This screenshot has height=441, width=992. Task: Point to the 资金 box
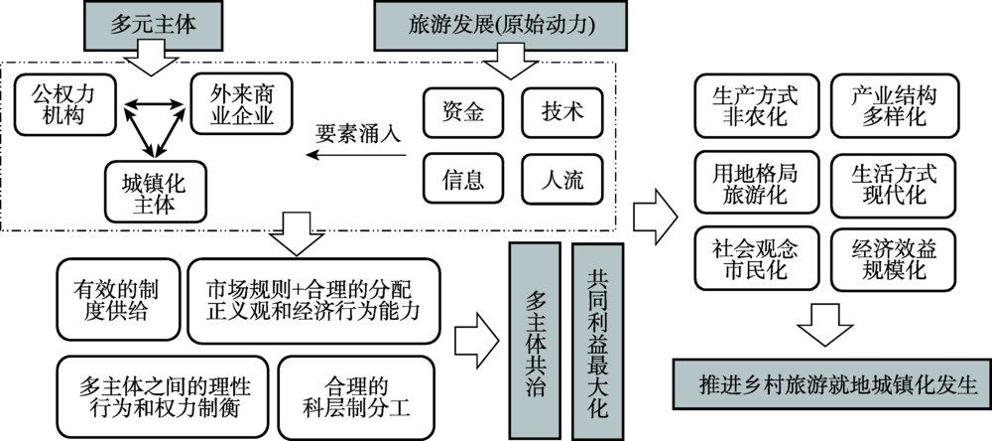pyautogui.click(x=463, y=112)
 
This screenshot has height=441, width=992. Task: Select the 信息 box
pyautogui.click(x=463, y=180)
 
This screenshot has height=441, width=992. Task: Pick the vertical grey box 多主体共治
pyautogui.click(x=535, y=332)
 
